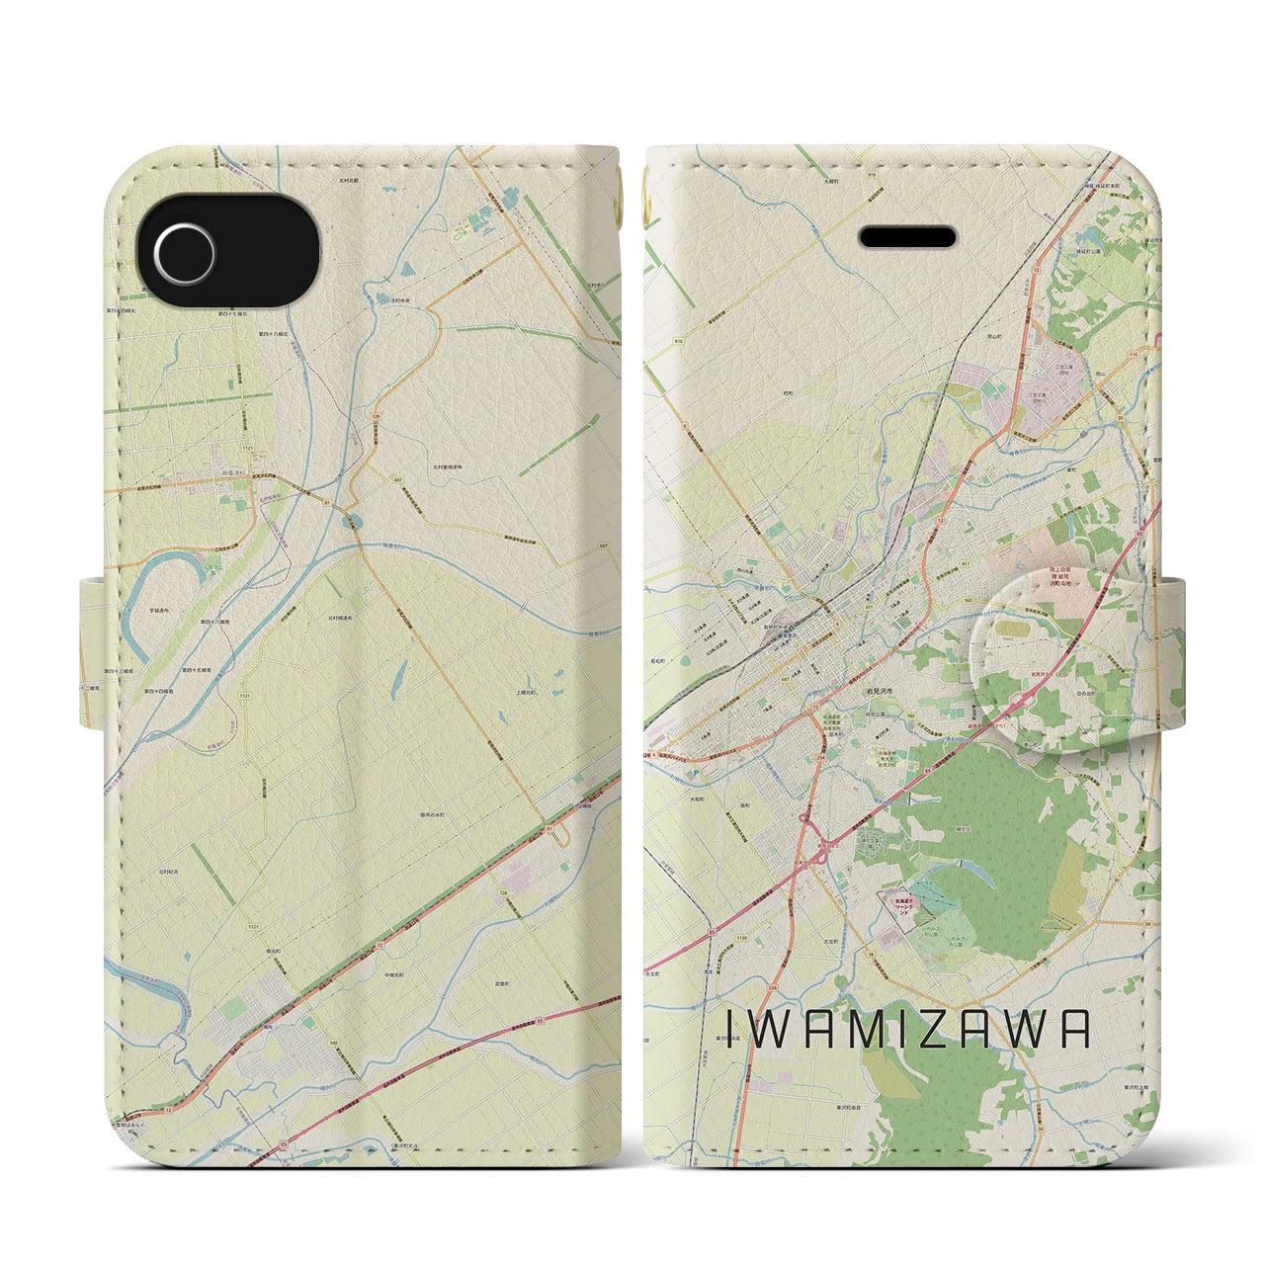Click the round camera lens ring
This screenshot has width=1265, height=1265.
pos(184,241)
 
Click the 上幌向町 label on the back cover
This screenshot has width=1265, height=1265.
pos(527,695)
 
